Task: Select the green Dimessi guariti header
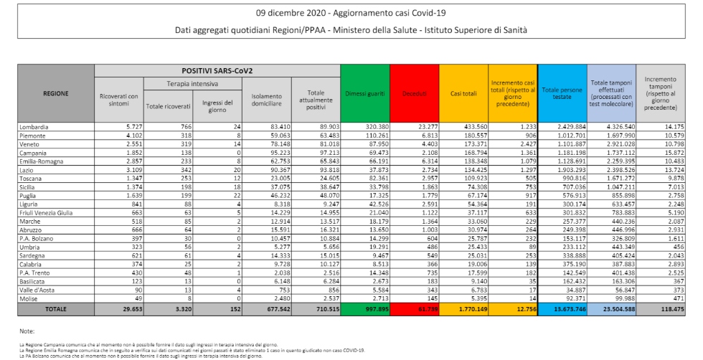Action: point(365,93)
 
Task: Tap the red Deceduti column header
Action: point(414,93)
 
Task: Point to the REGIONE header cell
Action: point(55,93)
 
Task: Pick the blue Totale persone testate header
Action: point(562,93)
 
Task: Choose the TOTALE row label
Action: point(55,309)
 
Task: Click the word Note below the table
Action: point(27,331)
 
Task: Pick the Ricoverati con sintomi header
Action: point(119,100)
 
